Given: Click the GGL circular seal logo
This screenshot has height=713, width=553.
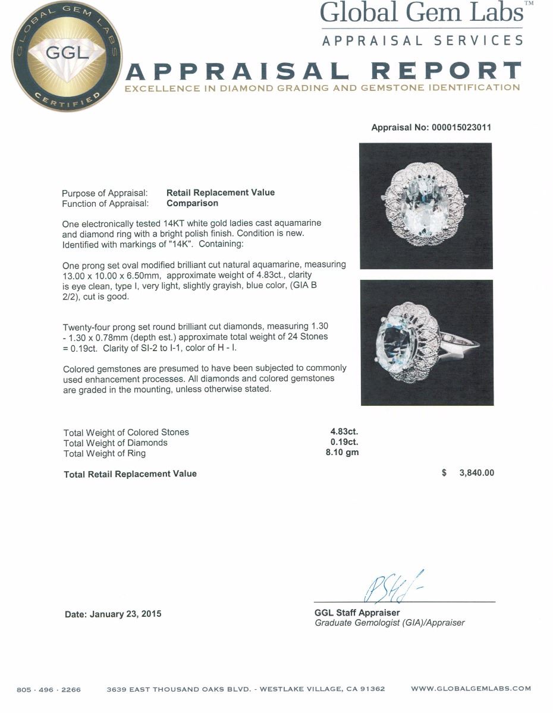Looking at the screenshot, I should coord(67,60).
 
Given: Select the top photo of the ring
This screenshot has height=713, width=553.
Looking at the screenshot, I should coord(425,206).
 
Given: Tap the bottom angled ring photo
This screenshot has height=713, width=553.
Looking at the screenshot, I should coord(427,342).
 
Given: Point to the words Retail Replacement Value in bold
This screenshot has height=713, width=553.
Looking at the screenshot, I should coord(220,193).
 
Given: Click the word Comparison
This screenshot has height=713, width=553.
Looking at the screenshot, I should coord(192,203).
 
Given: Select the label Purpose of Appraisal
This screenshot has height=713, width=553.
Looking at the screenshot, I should coord(105,193).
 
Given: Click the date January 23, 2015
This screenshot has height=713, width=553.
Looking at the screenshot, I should coord(113,614).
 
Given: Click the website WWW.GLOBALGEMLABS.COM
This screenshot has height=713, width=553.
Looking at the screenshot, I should coord(470,689).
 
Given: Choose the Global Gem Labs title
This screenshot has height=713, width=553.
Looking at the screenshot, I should coord(422,13).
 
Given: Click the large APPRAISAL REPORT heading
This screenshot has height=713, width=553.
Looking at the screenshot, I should coord(324,71).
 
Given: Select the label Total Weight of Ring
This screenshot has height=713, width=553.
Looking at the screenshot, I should coord(105,453).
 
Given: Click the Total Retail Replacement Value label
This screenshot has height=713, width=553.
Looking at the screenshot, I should coord(130,474).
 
